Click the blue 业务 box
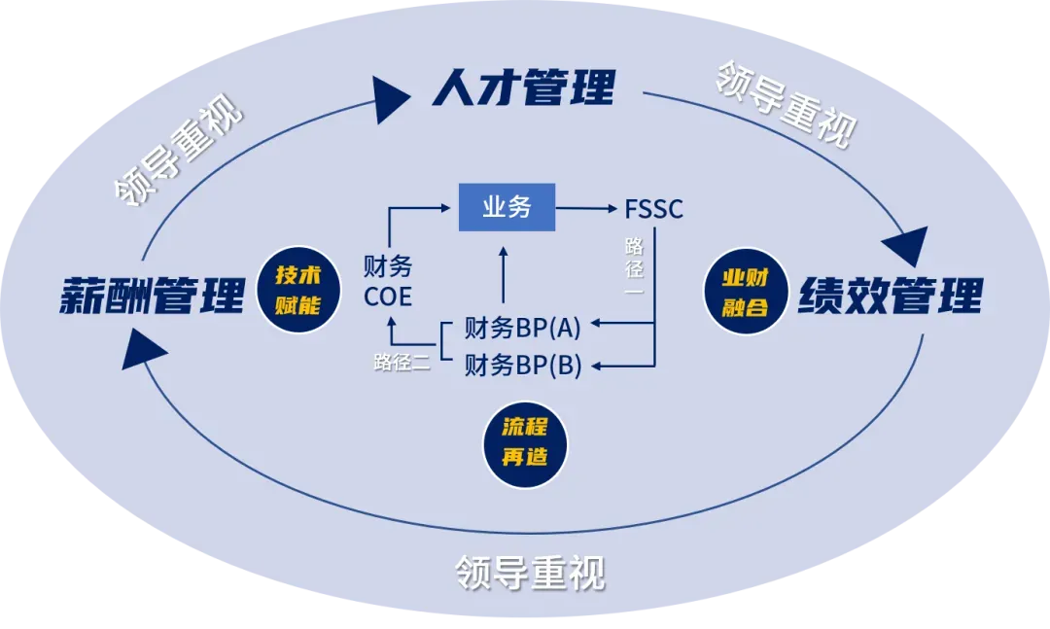507,207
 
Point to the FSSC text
653,208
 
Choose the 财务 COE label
388,280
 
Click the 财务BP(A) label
522,327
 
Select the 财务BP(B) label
522,365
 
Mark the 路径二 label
402,362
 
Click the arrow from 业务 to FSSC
589,208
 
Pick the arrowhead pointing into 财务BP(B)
599,366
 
